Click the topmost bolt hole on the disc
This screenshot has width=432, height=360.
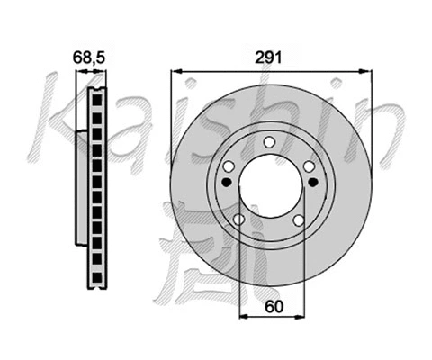pyautogui.click(x=268, y=140)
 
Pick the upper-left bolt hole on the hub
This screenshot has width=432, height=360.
pyautogui.click(x=228, y=166)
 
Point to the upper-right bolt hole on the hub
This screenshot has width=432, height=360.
pyautogui.click(x=309, y=166)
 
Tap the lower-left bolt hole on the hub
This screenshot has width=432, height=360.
pyautogui.click(x=238, y=220)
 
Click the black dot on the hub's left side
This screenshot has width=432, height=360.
pyautogui.click(x=226, y=183)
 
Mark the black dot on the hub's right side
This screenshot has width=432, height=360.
pyautogui.click(x=312, y=183)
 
